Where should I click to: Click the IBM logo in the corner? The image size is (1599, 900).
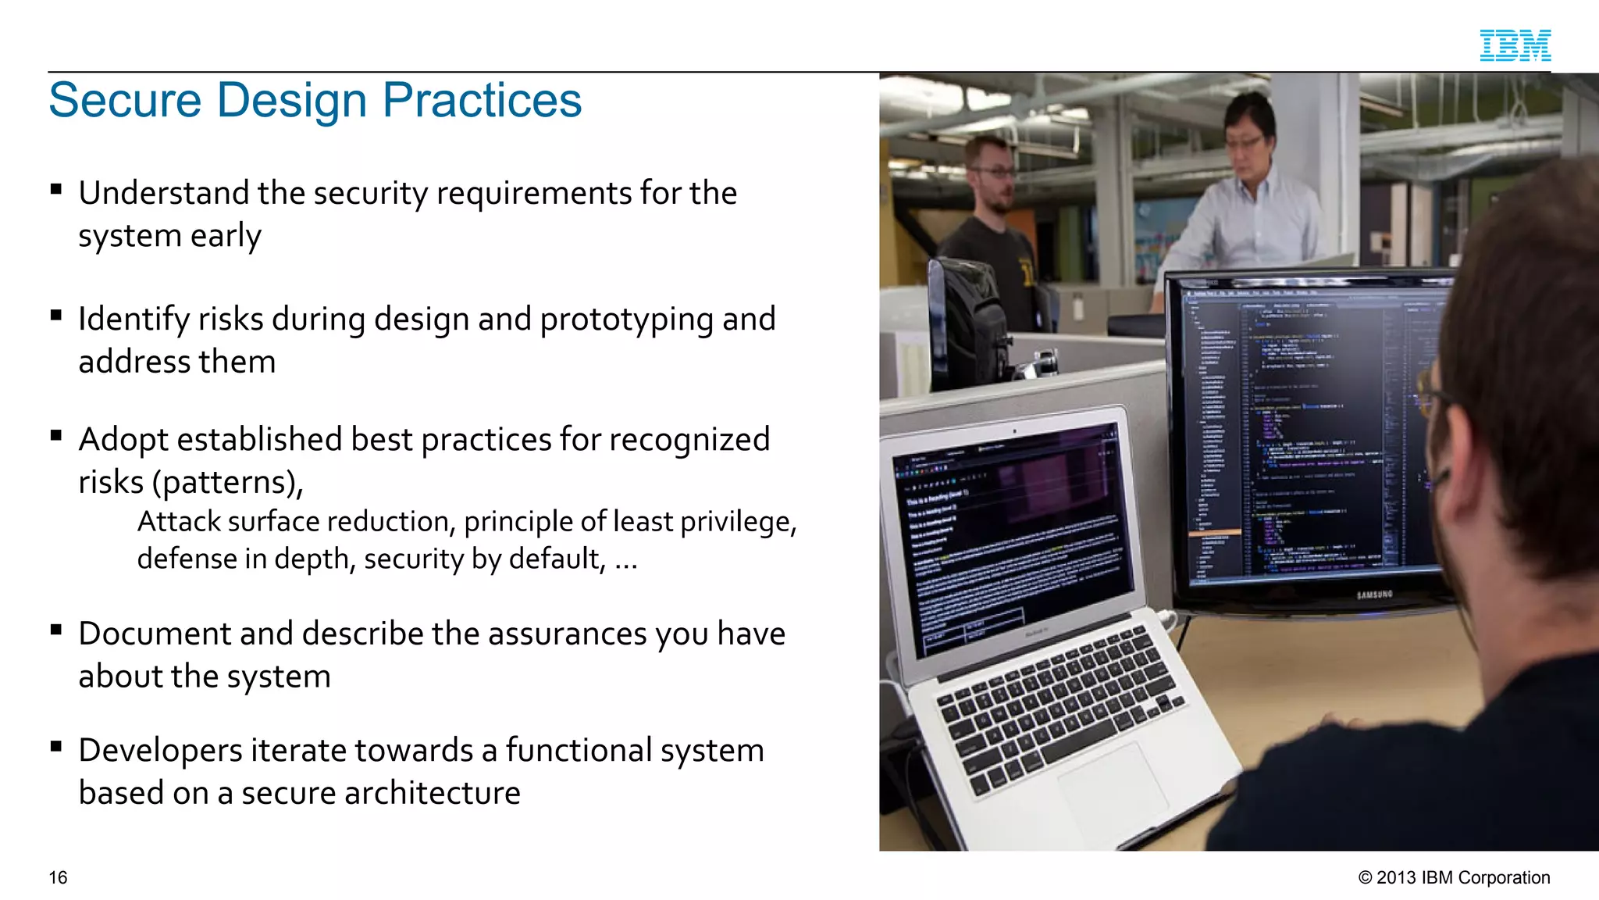tap(1515, 45)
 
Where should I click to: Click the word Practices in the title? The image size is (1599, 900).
tap(481, 100)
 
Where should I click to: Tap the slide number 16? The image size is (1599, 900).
tap(58, 877)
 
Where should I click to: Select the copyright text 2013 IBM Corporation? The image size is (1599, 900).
tap(1454, 877)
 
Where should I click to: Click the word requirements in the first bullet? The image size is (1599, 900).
tap(533, 194)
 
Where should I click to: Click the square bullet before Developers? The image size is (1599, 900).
tap(55, 747)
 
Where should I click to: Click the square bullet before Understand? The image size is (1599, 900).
tap(55, 189)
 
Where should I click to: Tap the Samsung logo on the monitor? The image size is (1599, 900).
tap(1374, 595)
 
